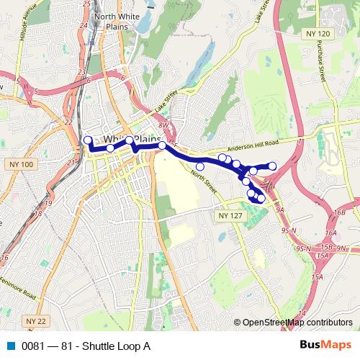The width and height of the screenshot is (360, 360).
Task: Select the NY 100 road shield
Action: coord(22,165)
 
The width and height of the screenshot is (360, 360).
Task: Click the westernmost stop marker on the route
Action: coord(88,140)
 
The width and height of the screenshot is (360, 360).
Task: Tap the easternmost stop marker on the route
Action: coord(272,166)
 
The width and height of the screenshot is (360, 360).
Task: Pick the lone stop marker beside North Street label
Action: coord(200,167)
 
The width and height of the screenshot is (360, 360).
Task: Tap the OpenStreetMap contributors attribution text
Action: coord(297,323)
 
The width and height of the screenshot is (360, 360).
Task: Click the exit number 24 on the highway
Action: coord(83,26)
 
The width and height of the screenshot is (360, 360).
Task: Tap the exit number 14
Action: coord(302,312)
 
